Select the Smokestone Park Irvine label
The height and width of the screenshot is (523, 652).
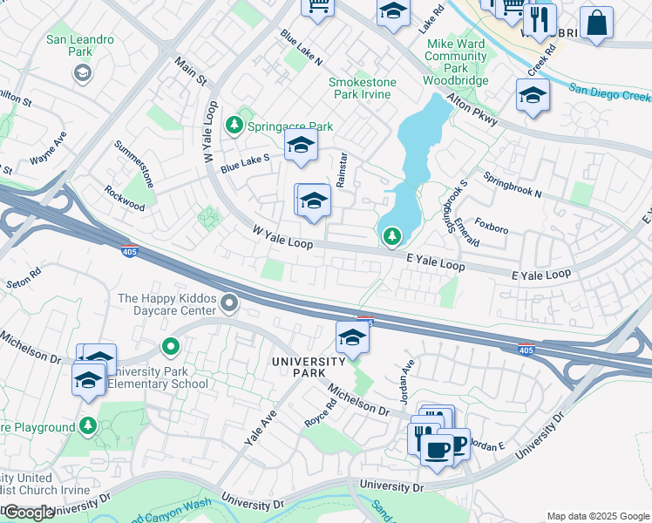click(x=362, y=88)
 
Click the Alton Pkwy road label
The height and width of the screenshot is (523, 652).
click(x=472, y=112)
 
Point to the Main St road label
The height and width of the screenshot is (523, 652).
click(x=190, y=71)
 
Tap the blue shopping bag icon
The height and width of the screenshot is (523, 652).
click(x=597, y=24)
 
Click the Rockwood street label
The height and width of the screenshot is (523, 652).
click(x=124, y=198)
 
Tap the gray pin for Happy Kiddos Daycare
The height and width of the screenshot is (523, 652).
click(x=230, y=303)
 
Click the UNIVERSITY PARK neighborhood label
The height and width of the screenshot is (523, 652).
click(x=309, y=367)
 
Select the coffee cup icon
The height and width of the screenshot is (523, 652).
click(x=436, y=449)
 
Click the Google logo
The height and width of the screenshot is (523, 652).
click(x=29, y=513)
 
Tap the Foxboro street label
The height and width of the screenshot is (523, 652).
click(x=491, y=229)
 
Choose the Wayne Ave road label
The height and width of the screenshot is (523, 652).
click(x=48, y=148)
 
